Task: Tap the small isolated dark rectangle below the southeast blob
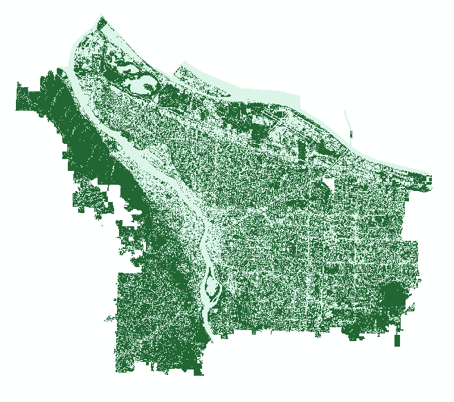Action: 397,340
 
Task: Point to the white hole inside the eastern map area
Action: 327,186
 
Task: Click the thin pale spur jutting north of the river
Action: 349,125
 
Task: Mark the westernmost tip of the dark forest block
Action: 17,97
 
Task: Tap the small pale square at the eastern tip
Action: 428,179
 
